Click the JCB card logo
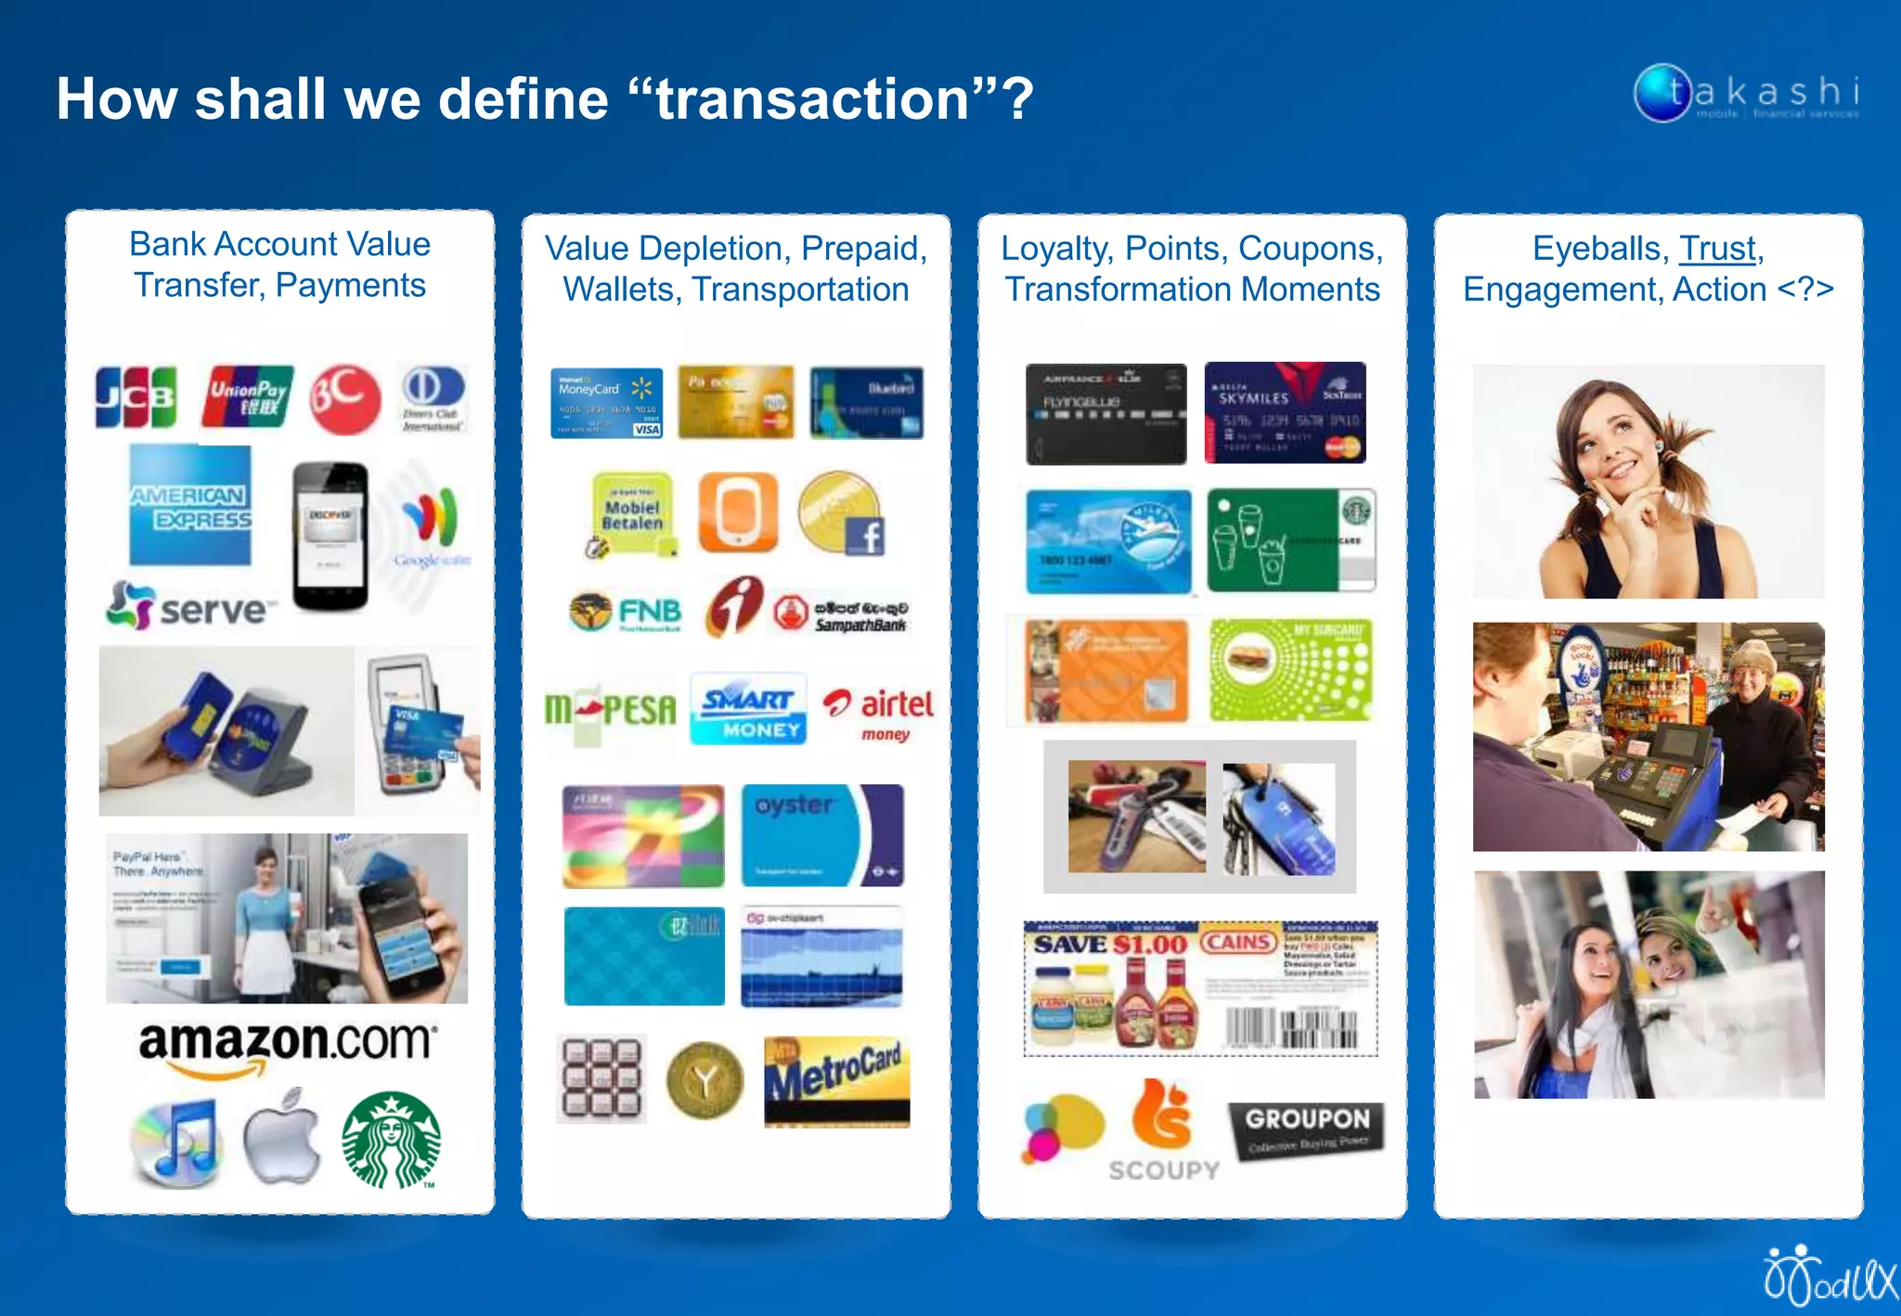(x=136, y=397)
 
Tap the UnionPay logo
(x=247, y=397)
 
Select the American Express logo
(x=189, y=506)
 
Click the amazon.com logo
(x=286, y=1045)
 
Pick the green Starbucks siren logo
(x=391, y=1141)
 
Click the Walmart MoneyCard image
(x=606, y=403)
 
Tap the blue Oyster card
(x=821, y=835)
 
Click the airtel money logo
(x=878, y=712)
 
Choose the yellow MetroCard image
(x=836, y=1080)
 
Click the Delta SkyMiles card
(x=1285, y=413)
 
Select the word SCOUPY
(x=1164, y=1170)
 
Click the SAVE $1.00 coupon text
(x=1110, y=944)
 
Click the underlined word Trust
(x=1717, y=248)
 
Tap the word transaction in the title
(x=812, y=98)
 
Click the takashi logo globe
(x=1662, y=93)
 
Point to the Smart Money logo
(x=748, y=710)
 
